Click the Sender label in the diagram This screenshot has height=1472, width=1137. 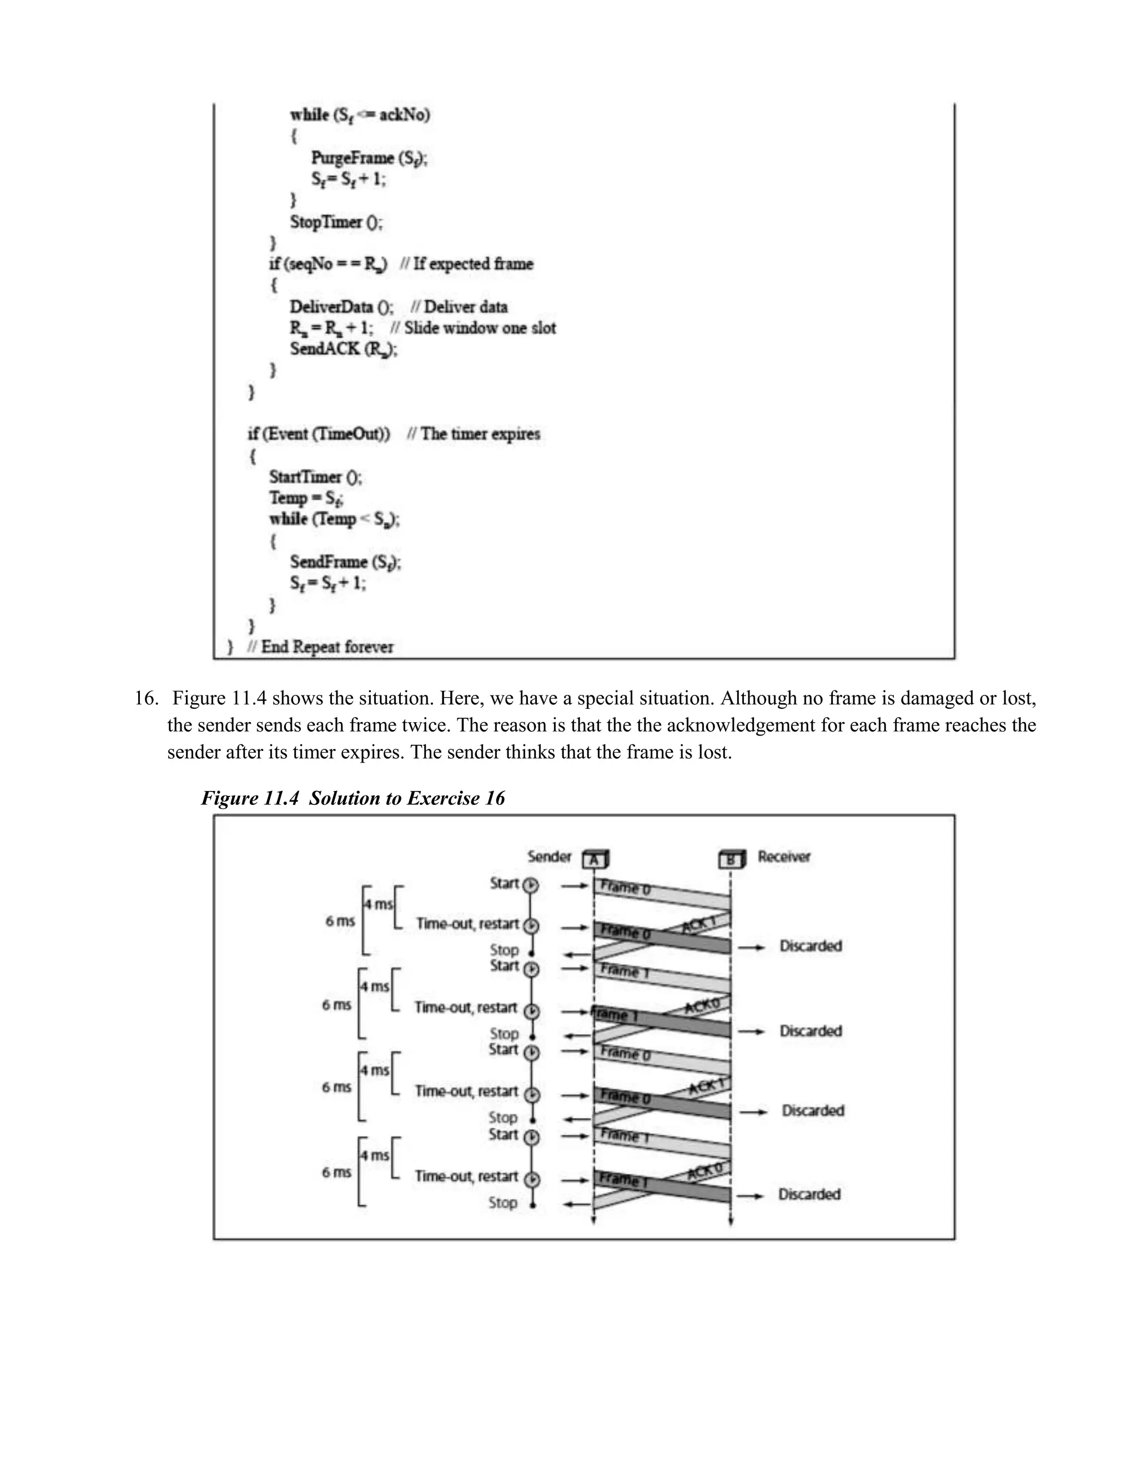[x=549, y=857]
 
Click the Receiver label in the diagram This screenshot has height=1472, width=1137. [x=783, y=857]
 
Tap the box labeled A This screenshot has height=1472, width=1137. [x=595, y=860]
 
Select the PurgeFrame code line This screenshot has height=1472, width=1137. [x=369, y=158]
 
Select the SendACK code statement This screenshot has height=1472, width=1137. [x=344, y=349]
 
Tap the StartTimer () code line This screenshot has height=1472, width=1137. [x=315, y=477]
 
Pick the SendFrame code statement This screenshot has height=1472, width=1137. [x=345, y=562]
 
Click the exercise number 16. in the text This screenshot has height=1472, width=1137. [x=145, y=698]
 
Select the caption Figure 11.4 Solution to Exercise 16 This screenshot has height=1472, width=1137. [x=353, y=798]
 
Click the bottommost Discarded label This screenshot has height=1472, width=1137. [x=809, y=1194]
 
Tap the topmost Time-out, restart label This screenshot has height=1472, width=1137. [x=467, y=923]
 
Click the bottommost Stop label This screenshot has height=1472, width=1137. [x=502, y=1203]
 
